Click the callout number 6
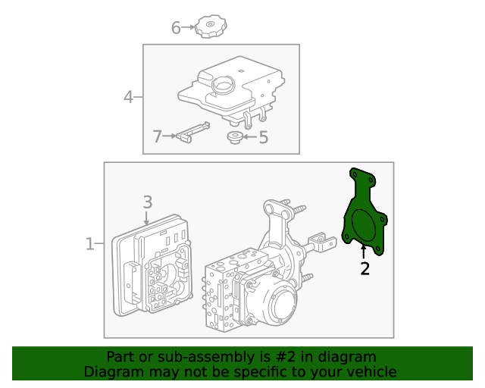coord(176,29)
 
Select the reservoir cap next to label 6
coord(208,27)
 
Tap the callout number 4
coord(129,97)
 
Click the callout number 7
coord(158,137)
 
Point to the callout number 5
coord(263,138)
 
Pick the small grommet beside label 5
coord(236,137)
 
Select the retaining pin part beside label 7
coord(193,131)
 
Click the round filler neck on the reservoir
coord(223,85)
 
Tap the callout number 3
coord(148,202)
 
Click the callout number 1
coord(89,244)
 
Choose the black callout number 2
coord(365,268)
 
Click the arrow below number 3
coord(148,217)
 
